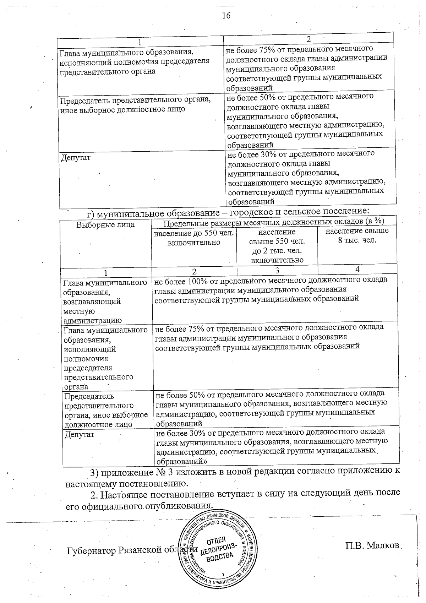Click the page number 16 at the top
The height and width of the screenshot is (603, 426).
226,16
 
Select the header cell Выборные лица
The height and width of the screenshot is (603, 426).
105,225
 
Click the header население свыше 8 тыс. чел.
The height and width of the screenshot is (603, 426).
357,235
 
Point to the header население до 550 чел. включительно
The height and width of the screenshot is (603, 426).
193,238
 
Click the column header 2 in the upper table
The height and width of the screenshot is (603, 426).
308,39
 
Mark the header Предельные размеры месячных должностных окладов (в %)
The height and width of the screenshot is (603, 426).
274,221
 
